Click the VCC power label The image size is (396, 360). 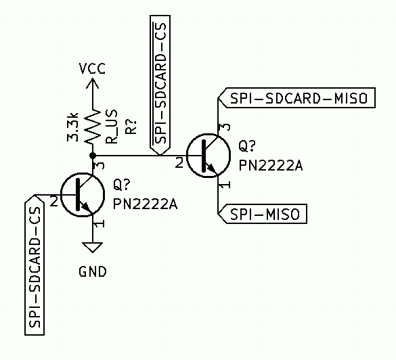tap(92, 69)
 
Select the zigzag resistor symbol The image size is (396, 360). tap(93, 129)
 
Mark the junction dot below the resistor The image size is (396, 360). tap(93, 156)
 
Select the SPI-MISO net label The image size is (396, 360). tap(264, 214)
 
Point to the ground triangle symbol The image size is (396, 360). tap(93, 247)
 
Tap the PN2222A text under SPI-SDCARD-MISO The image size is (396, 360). tap(270, 164)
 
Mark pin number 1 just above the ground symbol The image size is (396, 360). tap(100, 223)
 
